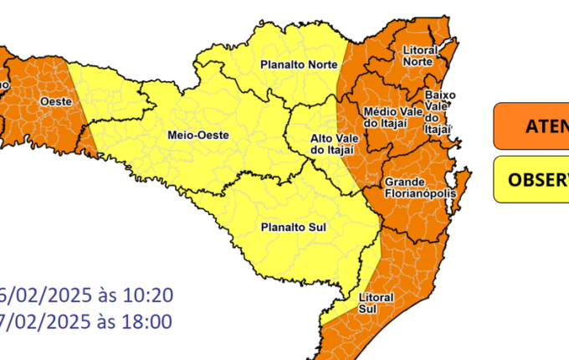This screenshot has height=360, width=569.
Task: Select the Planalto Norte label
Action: pyautogui.click(x=299, y=64)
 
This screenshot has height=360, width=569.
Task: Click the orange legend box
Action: pyautogui.click(x=531, y=126)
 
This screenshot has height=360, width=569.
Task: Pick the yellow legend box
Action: pyautogui.click(x=531, y=178)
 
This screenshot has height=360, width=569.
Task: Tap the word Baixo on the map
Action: pyautogui.click(x=439, y=95)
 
